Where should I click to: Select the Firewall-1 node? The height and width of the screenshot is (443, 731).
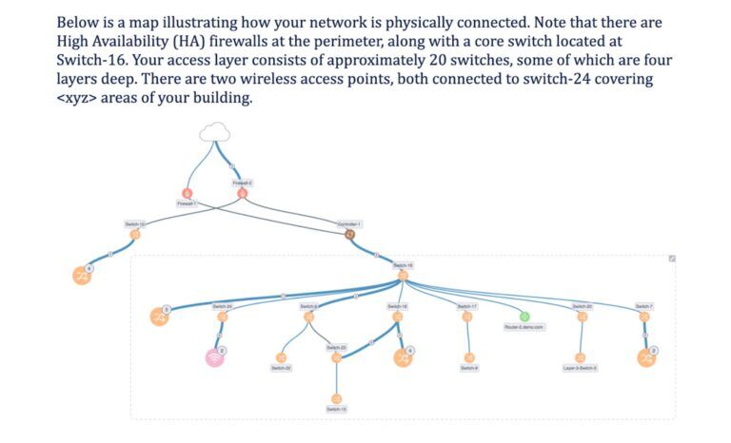[187, 193]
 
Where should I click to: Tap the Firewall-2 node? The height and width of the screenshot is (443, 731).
[242, 193]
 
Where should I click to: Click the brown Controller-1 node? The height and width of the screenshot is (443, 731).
[349, 234]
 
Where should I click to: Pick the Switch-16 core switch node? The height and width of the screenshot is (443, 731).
[403, 276]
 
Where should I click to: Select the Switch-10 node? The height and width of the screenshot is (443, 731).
[134, 234]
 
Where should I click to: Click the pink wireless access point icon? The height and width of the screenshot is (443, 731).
[216, 357]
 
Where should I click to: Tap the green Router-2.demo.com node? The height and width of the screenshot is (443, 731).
[524, 316]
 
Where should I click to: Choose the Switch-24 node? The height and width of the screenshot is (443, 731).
[222, 317]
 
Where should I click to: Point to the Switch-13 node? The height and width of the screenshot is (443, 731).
[336, 398]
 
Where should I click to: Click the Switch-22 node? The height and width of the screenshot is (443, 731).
[281, 357]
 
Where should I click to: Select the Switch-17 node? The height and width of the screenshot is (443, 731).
[466, 317]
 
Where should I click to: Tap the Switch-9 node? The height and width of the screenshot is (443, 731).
[468, 357]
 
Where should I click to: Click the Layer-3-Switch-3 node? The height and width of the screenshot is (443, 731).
[581, 357]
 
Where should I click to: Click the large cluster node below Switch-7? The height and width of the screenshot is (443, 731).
[645, 357]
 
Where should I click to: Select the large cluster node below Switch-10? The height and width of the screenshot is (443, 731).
[82, 276]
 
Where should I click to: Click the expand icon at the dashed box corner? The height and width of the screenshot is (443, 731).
[672, 259]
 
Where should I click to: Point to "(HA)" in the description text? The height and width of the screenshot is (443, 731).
[211, 41]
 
